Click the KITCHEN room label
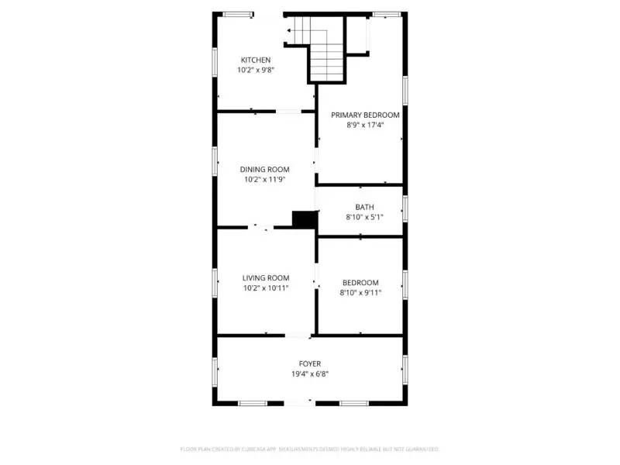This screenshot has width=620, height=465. point(256,60)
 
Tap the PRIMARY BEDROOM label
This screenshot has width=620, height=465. point(365,115)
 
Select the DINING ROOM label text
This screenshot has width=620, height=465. point(264,169)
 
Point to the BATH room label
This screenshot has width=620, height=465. point(364,207)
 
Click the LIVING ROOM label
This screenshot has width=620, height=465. point(266,277)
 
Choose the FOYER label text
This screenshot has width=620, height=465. point(310,363)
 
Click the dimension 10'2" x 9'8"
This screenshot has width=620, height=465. point(256,70)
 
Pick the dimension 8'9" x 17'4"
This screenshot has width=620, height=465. point(365,125)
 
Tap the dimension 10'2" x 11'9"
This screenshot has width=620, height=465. point(264,179)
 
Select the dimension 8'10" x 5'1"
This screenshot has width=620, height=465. point(364,217)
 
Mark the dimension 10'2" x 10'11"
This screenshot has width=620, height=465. point(266,288)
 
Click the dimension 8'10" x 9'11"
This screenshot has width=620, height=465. point(360,293)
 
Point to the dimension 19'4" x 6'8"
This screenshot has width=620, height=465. point(310,374)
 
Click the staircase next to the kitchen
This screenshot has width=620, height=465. point(325,54)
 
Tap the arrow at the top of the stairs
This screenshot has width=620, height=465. point(289,31)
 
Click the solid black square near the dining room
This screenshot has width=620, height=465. point(304,219)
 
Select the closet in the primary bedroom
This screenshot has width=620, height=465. point(356,34)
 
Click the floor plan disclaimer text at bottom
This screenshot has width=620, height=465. point(310,449)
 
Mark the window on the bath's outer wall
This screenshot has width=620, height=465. point(405,208)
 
